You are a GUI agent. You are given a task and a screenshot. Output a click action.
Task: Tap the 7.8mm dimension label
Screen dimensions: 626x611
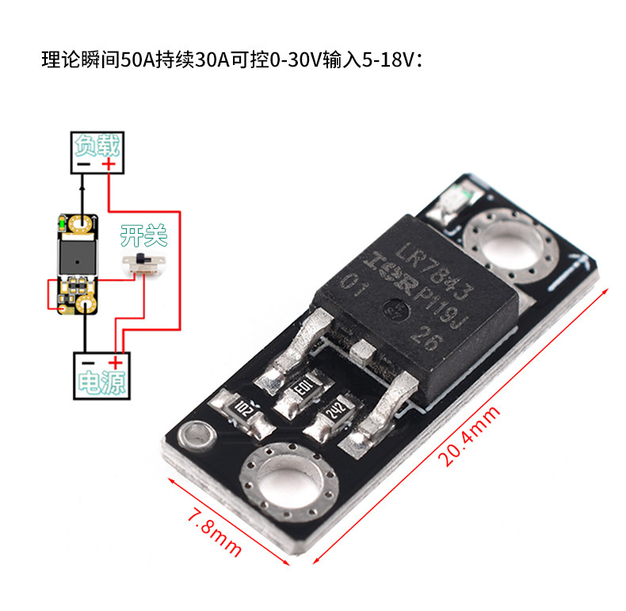pyautogui.click(x=215, y=533)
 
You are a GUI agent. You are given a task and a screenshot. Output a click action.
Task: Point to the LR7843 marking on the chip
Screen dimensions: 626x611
pyautogui.click(x=434, y=271)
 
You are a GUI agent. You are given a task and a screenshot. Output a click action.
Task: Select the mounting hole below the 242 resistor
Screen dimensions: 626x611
pyautogui.click(x=288, y=480)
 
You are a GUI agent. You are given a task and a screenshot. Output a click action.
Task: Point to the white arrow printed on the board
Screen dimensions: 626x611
pyautogui.click(x=570, y=271)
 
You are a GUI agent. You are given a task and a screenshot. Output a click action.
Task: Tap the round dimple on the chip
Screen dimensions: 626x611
pyautogui.click(x=396, y=310)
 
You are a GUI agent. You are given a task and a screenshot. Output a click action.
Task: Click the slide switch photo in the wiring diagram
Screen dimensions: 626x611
pyautogui.click(x=143, y=263)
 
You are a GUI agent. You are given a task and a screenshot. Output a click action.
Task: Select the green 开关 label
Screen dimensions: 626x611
pyautogui.click(x=143, y=235)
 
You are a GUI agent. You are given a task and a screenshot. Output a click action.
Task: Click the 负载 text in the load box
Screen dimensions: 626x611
pyautogui.click(x=97, y=145)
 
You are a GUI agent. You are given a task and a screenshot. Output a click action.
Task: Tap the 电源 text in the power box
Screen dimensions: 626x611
pyautogui.click(x=101, y=383)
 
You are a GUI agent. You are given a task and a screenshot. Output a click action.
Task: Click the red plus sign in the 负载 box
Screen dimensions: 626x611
pyautogui.click(x=109, y=164)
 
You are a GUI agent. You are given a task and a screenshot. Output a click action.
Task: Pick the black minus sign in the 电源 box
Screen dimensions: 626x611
pyautogui.click(x=88, y=363)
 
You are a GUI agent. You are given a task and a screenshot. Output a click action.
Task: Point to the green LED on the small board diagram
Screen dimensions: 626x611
pyautogui.click(x=62, y=223)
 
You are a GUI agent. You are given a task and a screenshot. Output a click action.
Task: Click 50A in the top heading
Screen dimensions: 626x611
pyautogui.click(x=138, y=60)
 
